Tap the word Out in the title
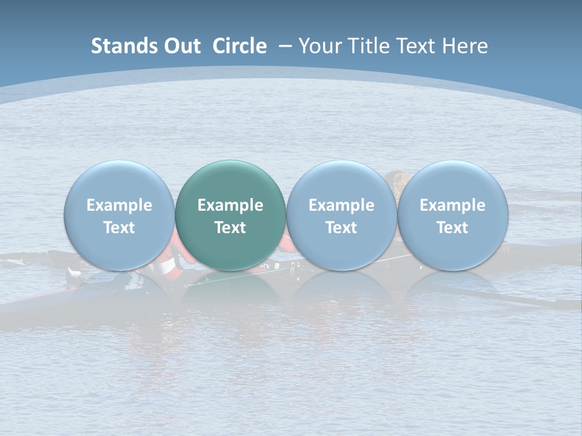tap(181, 46)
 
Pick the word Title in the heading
tap(367, 46)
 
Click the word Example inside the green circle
tap(230, 205)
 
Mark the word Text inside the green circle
tap(230, 228)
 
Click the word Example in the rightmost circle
tap(452, 205)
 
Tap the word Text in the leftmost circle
tap(119, 228)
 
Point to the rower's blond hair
tap(398, 178)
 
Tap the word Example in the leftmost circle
tap(119, 205)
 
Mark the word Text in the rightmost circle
tap(452, 228)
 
